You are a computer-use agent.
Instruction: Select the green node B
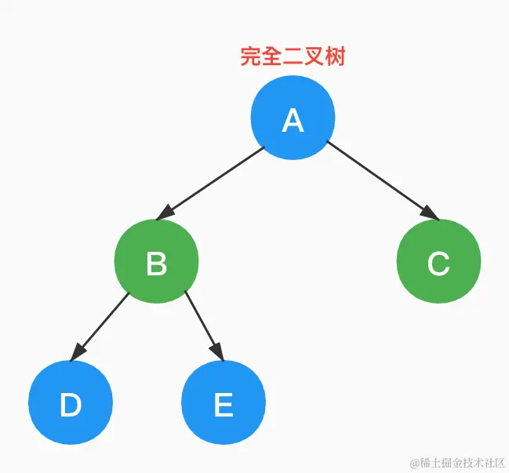156,261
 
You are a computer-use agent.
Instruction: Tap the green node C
438,261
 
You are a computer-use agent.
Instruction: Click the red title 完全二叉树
293,57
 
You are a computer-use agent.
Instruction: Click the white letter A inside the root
293,120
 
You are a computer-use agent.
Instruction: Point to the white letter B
156,264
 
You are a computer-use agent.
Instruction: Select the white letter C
438,264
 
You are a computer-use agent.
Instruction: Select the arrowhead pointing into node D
76,354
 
